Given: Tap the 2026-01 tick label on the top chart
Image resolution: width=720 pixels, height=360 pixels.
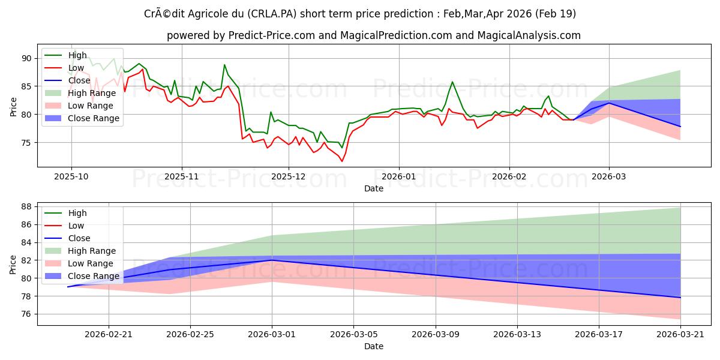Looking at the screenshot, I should pyautogui.click(x=399, y=177).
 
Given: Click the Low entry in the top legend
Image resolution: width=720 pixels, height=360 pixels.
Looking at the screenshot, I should pyautogui.click(x=77, y=68).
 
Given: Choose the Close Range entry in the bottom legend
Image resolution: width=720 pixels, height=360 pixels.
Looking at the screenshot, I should pyautogui.click(x=94, y=276).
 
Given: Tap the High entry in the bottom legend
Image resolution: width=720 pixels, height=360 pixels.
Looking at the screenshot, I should pyautogui.click(x=77, y=213).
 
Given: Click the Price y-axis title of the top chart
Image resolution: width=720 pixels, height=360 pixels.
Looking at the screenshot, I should pyautogui.click(x=14, y=106).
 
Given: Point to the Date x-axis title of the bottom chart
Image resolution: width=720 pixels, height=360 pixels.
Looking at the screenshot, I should pyautogui.click(x=373, y=347).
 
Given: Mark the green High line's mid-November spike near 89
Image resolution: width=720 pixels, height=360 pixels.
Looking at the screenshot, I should pyautogui.click(x=224, y=65).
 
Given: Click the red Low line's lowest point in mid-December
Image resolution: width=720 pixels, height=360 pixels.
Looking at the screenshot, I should pyautogui.click(x=342, y=161).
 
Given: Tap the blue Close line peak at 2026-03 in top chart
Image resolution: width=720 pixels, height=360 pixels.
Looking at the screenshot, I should pyautogui.click(x=609, y=103).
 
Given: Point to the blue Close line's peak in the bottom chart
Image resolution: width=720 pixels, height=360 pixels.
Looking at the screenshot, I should pyautogui.click(x=272, y=260).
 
